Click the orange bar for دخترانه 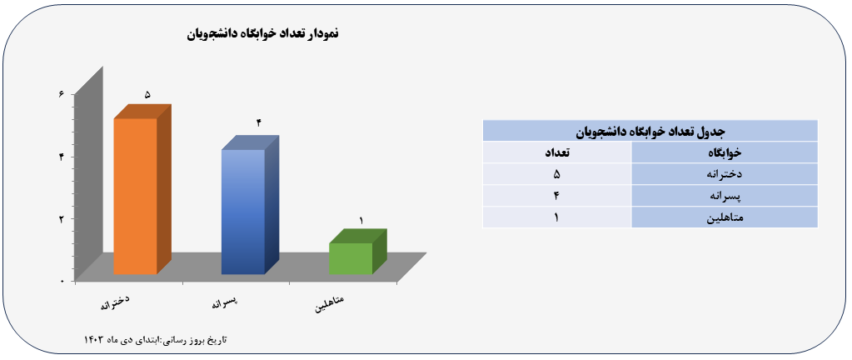(135, 196)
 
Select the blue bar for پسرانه (243, 212)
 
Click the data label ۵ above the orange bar (147, 95)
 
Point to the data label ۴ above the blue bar (259, 122)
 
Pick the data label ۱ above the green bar (361, 220)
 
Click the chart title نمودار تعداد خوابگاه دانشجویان (263, 33)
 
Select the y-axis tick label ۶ (61, 94)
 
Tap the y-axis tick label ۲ (62, 219)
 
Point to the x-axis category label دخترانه (115, 302)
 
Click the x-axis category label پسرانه (226, 302)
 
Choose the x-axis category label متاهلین (330, 305)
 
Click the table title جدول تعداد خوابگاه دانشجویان (650, 131)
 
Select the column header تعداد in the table (557, 152)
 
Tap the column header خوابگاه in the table (725, 152)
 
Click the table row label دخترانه (725, 174)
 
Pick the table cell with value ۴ (556, 196)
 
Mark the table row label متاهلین (725, 218)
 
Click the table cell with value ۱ (556, 217)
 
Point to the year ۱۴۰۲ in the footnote (93, 340)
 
